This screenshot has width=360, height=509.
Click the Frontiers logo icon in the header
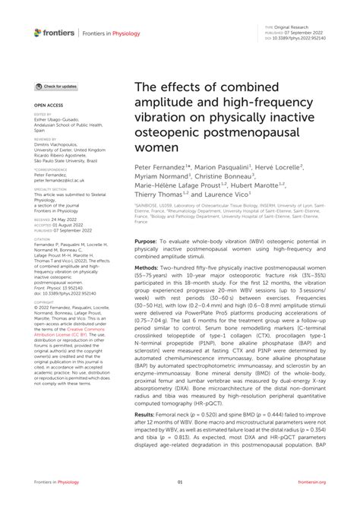coord(38,32)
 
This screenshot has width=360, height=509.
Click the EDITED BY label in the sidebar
coord(43,115)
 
